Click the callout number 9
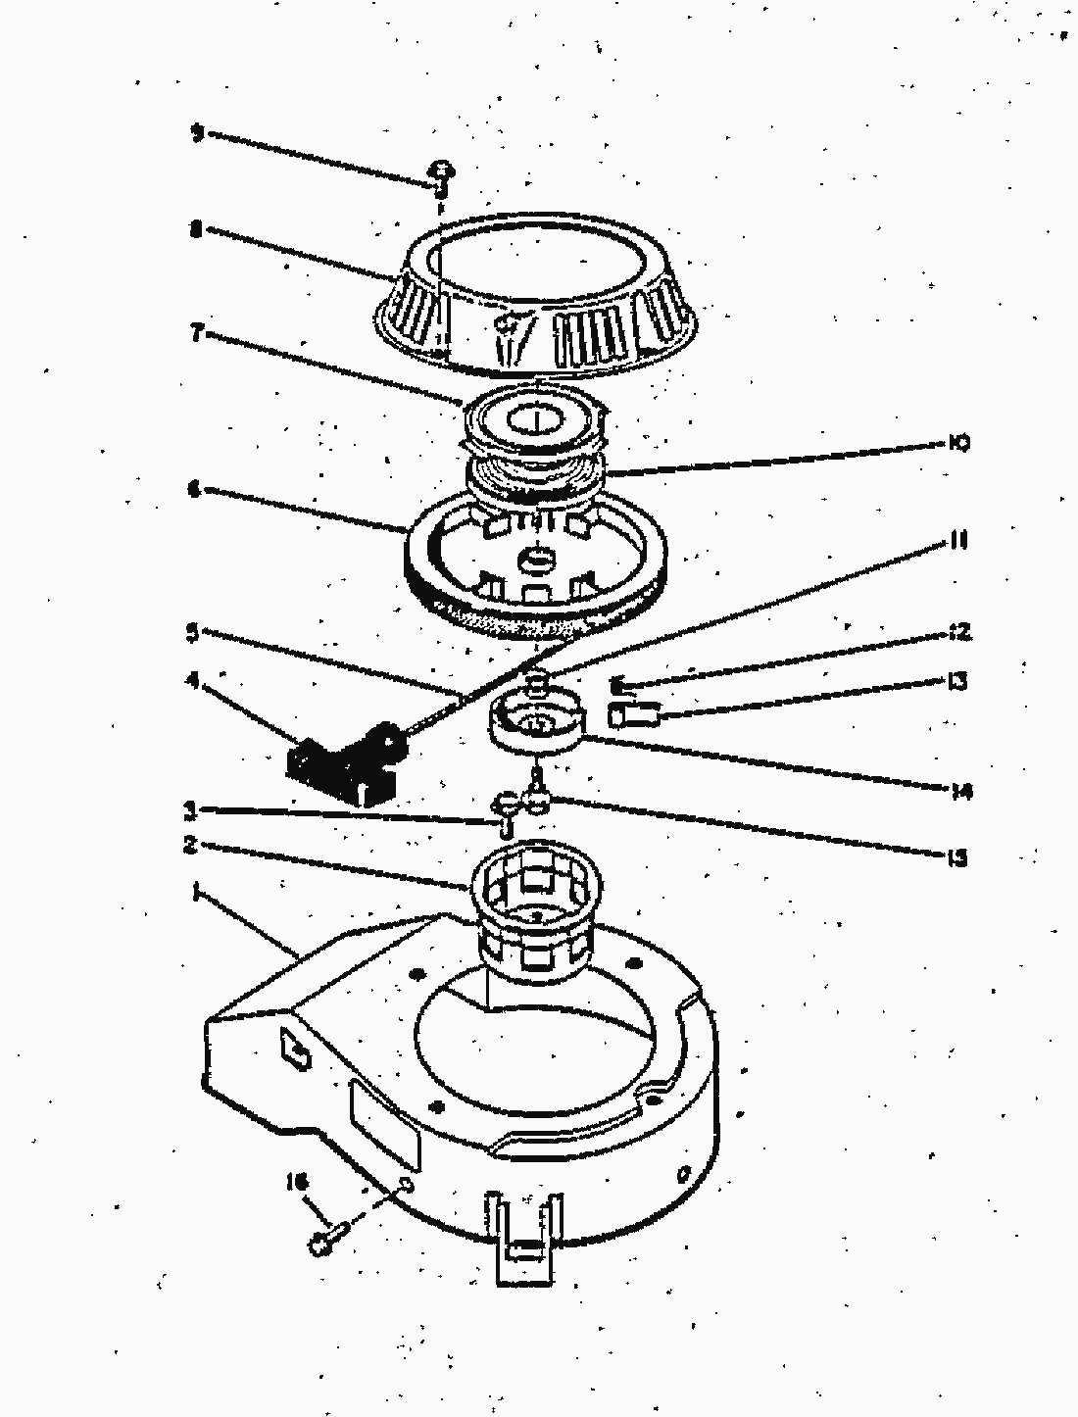197,132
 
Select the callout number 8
197,231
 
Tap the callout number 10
958,443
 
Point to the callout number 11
958,541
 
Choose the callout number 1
197,893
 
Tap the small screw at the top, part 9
441,176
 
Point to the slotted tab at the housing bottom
527,1235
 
